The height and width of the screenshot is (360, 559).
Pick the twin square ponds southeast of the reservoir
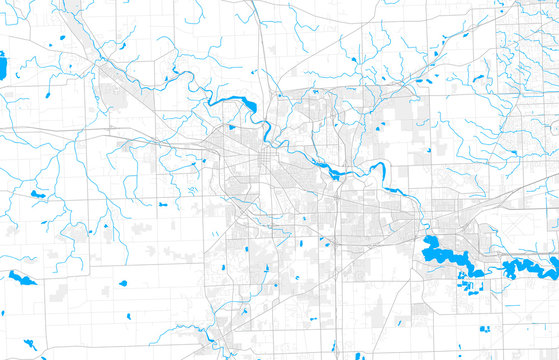pyautogui.click(x=485, y=328)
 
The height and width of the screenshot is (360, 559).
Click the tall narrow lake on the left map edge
pyautogui.click(x=2, y=67)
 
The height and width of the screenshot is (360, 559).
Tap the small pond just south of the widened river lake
pyautogui.click(x=231, y=127)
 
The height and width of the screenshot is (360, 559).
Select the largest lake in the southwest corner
pyautogui.click(x=22, y=277)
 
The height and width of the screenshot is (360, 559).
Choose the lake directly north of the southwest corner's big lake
pyautogui.click(x=37, y=194)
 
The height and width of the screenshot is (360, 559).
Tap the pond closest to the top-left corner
pyautogui.click(x=62, y=38)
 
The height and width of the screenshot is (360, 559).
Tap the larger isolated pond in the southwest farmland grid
pyautogui.click(x=123, y=283)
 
